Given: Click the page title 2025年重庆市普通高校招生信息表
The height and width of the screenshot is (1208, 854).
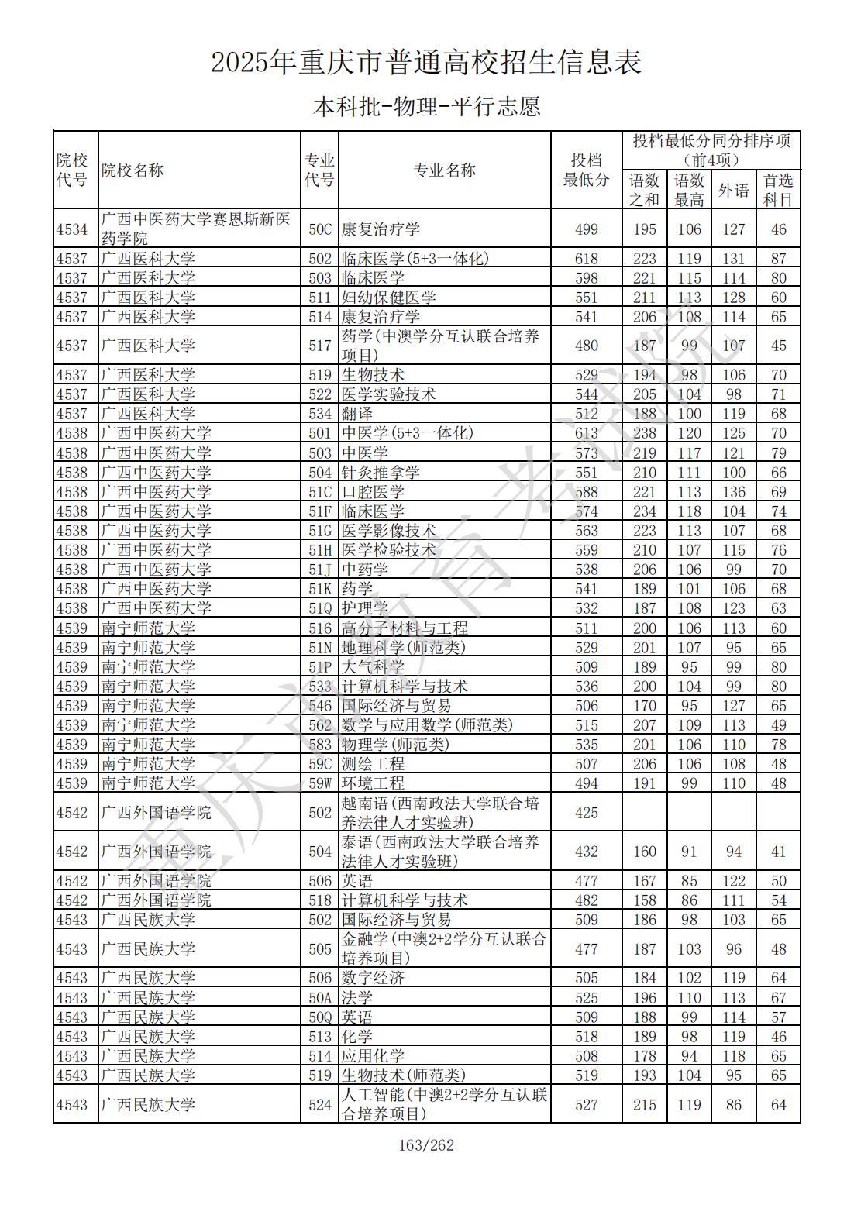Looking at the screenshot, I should point(426,63).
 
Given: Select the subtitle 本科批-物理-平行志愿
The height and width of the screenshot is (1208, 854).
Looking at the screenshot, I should point(426,106).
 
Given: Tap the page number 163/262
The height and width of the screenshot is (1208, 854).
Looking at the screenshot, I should point(426,1145).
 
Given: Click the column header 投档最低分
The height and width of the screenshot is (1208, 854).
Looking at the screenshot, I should point(586,170).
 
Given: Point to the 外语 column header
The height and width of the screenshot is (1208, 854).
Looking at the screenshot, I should point(733,190).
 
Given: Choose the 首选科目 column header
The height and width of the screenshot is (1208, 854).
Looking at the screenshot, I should point(778,190).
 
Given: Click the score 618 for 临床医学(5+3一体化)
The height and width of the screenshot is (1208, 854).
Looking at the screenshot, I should point(587,259).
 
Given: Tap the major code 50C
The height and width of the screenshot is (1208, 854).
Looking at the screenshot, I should point(319,229).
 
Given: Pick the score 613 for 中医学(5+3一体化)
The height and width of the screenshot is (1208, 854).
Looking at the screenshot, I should point(587,433).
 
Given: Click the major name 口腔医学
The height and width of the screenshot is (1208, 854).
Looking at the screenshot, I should point(373,492).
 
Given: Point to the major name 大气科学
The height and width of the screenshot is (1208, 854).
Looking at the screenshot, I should point(373,667).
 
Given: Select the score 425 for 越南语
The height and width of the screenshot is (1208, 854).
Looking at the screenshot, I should point(587,812).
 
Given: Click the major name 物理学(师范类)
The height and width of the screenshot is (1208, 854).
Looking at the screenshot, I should point(395,745).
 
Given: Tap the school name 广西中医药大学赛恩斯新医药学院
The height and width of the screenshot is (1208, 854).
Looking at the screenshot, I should point(196,229).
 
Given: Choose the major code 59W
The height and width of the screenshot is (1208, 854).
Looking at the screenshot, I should point(319,783).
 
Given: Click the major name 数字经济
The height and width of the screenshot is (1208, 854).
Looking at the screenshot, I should point(373,978).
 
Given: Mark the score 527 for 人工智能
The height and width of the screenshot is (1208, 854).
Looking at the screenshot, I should point(587,1105).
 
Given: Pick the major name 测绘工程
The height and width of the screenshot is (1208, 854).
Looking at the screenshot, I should point(373,764).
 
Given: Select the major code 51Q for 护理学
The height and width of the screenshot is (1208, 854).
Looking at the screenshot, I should point(319,608).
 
